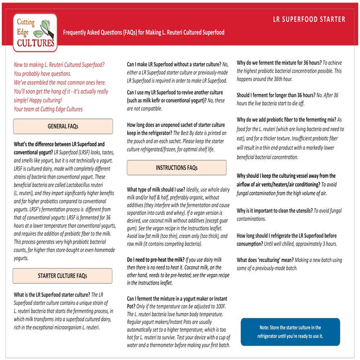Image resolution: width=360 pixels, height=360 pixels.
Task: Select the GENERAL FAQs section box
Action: point(62,126)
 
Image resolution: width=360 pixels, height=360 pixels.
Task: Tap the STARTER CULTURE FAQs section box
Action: point(62,276)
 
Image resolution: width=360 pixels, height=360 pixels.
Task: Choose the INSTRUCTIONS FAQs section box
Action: point(176,168)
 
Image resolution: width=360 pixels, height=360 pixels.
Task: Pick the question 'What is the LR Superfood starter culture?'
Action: point(52,294)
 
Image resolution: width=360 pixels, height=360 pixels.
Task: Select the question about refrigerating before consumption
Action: point(286,235)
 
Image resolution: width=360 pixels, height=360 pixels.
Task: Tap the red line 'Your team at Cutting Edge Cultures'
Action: point(48,109)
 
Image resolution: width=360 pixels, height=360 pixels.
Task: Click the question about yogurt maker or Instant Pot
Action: point(176,298)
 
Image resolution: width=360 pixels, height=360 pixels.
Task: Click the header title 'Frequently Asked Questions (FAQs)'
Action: point(143,33)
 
